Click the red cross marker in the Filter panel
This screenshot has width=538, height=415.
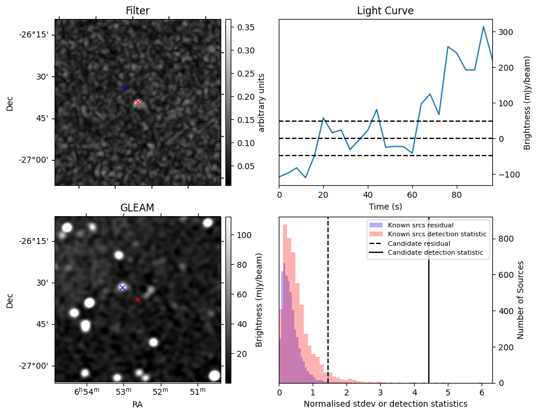pos(138,103)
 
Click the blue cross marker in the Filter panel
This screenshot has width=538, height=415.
pos(124,88)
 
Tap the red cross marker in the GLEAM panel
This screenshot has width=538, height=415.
pos(138,300)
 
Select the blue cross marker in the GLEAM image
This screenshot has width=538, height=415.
pos(122,287)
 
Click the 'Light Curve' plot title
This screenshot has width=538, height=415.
pos(385,11)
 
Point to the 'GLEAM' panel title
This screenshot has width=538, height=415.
pos(137,208)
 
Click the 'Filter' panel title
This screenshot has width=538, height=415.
pos(138,11)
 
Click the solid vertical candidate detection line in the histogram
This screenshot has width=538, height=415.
pos(429,309)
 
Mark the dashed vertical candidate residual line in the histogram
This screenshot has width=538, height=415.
pos(328,309)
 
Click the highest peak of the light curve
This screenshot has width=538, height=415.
pos(483,27)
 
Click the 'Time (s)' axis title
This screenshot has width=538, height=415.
pos(385,207)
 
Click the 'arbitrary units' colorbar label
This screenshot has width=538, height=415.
pos(262,102)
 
